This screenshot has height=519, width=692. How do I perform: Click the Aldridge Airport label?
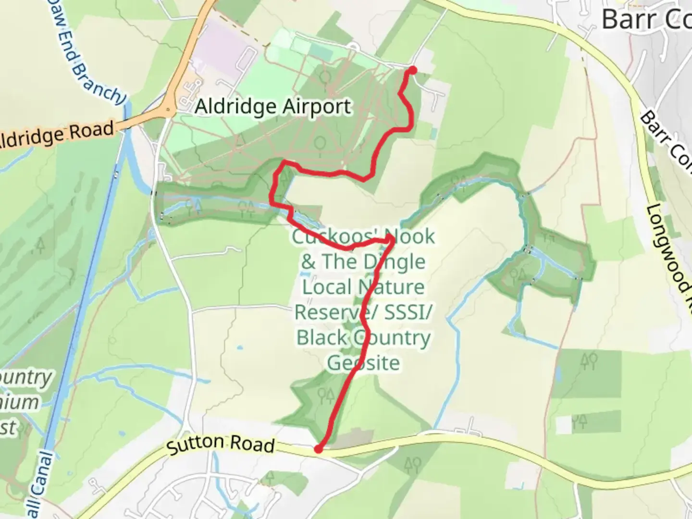pyautogui.click(x=273, y=107)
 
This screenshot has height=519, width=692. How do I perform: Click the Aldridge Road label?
pyautogui.click(x=57, y=135)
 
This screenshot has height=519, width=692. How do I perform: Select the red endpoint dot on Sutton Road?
pyautogui.click(x=318, y=449)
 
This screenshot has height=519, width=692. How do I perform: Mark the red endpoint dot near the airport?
pyautogui.click(x=412, y=71)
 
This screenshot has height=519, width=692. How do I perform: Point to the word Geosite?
pyautogui.click(x=363, y=363)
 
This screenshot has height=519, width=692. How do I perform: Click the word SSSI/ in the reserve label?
pyautogui.click(x=405, y=312)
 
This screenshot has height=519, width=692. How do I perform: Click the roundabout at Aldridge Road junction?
pyautogui.click(x=168, y=110)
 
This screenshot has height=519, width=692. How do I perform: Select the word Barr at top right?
pyautogui.click(x=623, y=20)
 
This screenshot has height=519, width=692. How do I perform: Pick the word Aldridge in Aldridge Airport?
pyautogui.click(x=235, y=107)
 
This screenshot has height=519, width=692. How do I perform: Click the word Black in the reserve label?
pyautogui.click(x=321, y=338)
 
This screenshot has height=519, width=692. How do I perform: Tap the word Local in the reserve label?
pyautogui.click(x=326, y=287)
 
